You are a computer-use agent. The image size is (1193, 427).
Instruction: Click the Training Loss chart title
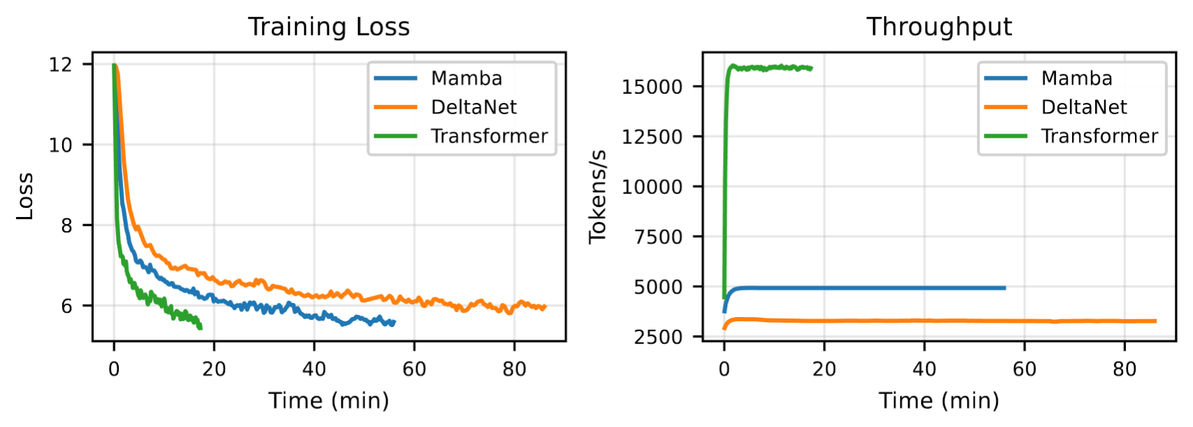tap(329, 27)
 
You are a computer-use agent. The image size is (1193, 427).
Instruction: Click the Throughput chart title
tap(938, 27)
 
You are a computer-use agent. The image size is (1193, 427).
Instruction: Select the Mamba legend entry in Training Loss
tap(466, 78)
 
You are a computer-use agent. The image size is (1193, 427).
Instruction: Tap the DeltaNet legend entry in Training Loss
tap(473, 107)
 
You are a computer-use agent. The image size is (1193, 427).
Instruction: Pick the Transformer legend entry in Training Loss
tap(489, 136)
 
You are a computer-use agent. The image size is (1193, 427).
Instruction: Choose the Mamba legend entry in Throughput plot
tap(1076, 78)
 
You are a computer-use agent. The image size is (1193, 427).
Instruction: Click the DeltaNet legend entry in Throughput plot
tap(1084, 107)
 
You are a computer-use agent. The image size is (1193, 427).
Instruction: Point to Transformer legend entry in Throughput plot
tap(1099, 136)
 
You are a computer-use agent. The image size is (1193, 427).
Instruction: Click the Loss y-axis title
tap(25, 196)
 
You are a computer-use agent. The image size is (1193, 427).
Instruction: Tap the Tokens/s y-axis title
tap(597, 197)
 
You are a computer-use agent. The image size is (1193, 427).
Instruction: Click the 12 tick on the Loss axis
tap(60, 64)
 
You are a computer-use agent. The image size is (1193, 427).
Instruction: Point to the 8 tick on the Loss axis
tap(66, 225)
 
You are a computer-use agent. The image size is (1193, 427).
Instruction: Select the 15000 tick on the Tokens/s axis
tap(652, 87)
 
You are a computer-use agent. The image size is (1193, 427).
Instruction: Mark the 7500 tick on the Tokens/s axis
tap(658, 237)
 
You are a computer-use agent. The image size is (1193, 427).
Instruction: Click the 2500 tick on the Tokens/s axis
tap(658, 337)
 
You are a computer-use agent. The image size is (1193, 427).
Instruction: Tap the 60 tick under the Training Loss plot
tap(414, 369)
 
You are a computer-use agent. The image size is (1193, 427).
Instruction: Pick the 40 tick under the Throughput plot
tap(924, 369)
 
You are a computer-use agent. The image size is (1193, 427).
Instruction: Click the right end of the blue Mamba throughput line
tap(1005, 288)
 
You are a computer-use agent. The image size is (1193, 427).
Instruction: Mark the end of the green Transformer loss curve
tap(201, 328)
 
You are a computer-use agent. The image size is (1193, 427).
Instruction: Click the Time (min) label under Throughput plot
tap(938, 400)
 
